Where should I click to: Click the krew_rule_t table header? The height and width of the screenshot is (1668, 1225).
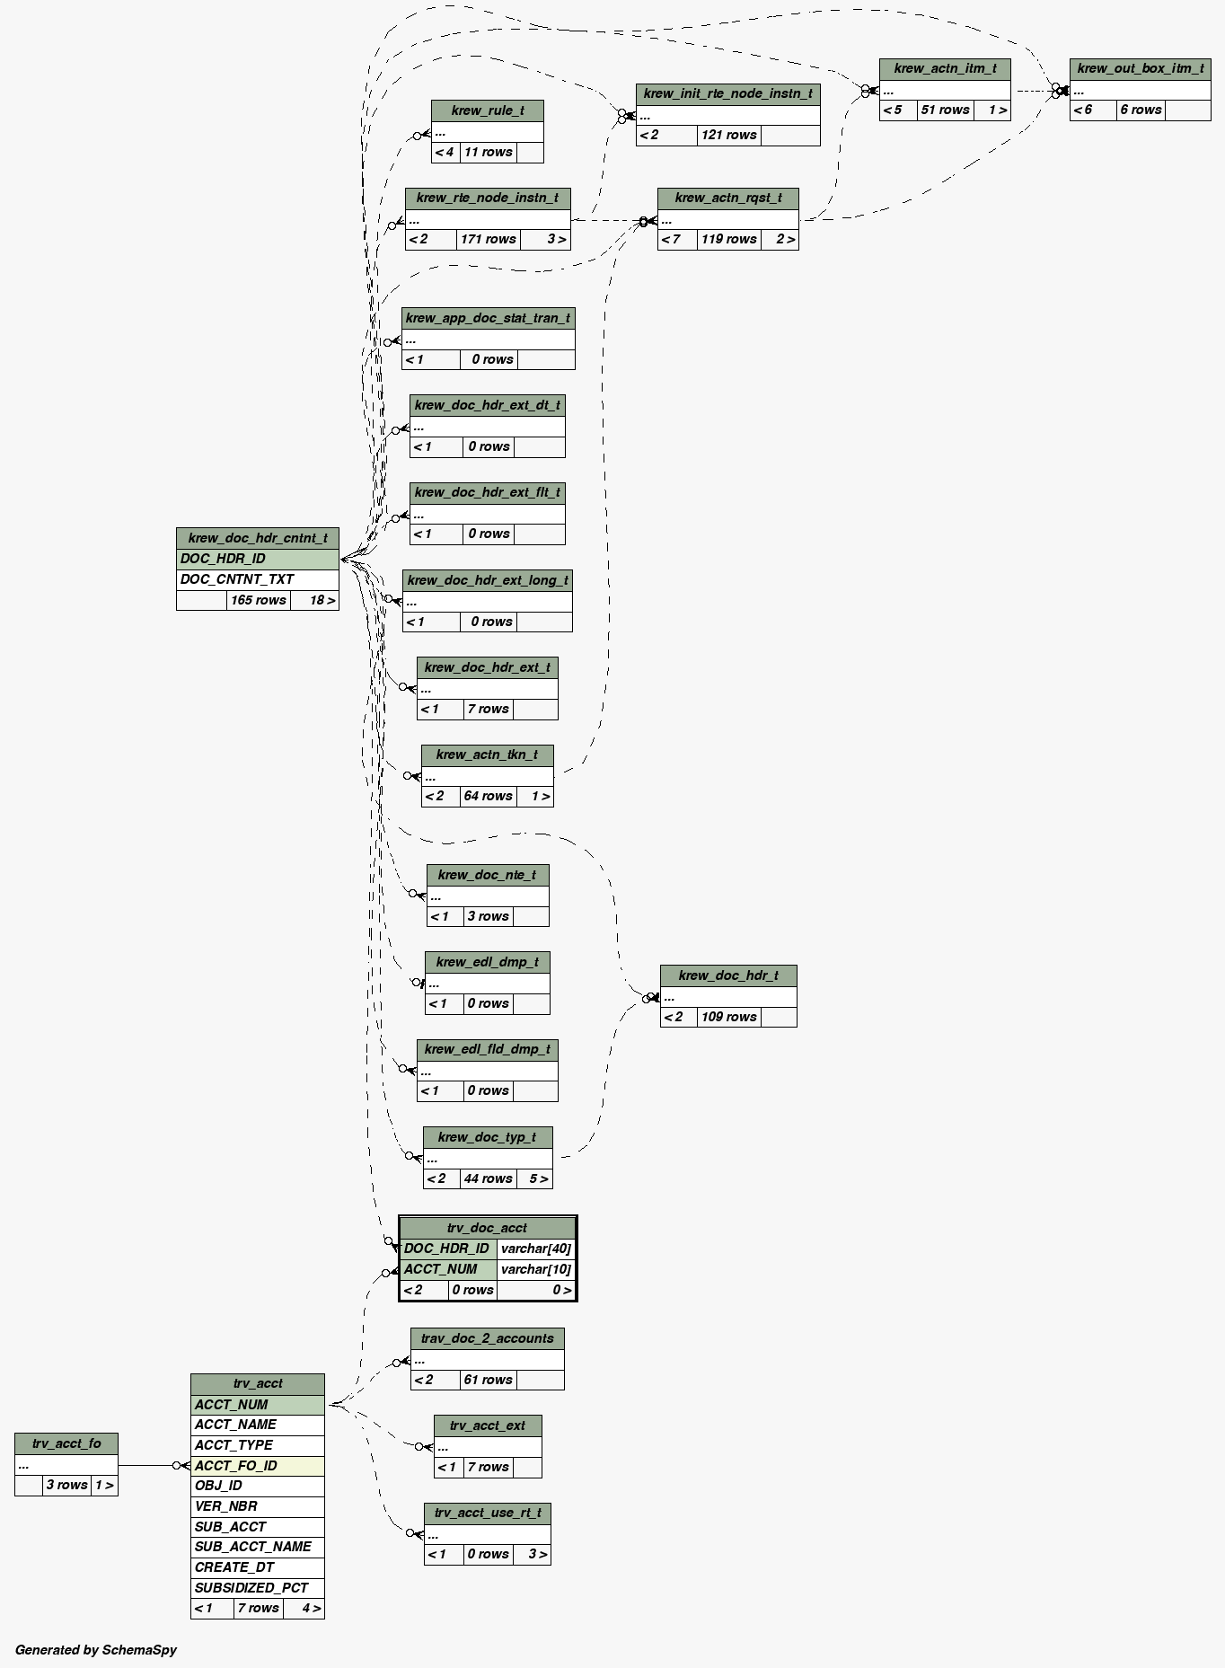pos(487,110)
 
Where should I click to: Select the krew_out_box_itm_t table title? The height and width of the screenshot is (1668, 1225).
pos(1140,68)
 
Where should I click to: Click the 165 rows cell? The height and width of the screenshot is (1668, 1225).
pos(258,600)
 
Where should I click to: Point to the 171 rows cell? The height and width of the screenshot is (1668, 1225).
pos(488,239)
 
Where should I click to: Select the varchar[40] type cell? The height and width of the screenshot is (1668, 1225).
pos(535,1249)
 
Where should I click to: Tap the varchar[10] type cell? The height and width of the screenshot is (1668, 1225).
pos(535,1269)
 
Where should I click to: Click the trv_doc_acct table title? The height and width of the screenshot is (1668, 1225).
pos(487,1228)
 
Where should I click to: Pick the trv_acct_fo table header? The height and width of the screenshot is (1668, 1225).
pos(66,1443)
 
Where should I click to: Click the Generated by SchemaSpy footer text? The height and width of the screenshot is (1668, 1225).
pos(96,1649)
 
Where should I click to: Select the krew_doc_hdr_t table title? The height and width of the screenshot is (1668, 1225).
pos(728,975)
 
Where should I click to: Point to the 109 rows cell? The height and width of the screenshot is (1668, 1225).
pos(728,1017)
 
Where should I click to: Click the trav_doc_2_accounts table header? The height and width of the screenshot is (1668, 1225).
pos(487,1338)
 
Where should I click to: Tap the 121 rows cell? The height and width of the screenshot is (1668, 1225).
pos(728,135)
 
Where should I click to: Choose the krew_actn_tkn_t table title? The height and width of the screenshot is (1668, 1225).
pos(487,755)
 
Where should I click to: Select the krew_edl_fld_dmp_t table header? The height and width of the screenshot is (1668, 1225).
pos(487,1049)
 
